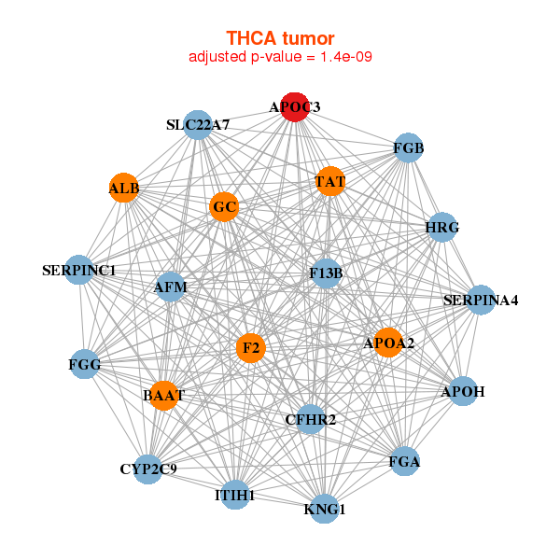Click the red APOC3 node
click(x=295, y=107)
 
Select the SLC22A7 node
click(x=198, y=125)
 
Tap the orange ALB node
click(x=124, y=189)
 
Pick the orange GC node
click(x=224, y=206)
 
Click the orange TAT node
click(x=330, y=181)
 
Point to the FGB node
click(x=409, y=148)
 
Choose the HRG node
click(x=441, y=228)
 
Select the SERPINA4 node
click(x=481, y=300)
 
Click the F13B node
click(x=327, y=273)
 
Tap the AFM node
click(x=171, y=287)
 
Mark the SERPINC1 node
click(x=79, y=271)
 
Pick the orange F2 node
click(x=250, y=349)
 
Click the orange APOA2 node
click(x=388, y=343)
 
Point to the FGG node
click(x=85, y=363)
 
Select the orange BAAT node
click(x=163, y=396)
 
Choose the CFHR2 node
click(x=310, y=419)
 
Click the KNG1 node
click(x=325, y=509)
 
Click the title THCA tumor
click(x=280, y=38)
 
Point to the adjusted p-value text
click(x=280, y=58)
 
